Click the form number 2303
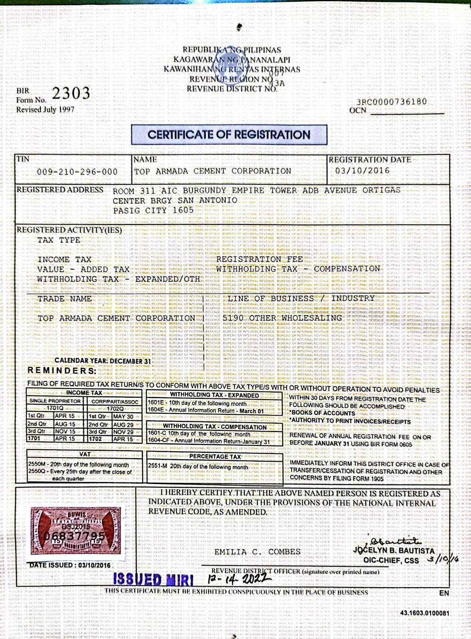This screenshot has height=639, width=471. coord(71,93)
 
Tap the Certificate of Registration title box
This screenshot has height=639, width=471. coord(229,135)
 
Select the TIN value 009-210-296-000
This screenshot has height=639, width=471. coord(77,172)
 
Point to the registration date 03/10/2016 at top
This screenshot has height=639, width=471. coord(362,171)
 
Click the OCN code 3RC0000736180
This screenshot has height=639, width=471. coord(392,102)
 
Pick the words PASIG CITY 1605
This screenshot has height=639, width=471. coord(153,210)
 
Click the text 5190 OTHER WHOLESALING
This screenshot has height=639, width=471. coord(282,318)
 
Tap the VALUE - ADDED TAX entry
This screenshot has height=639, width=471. coord(83,269)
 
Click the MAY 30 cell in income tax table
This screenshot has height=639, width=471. coord(123,416)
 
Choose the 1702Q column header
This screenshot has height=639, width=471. coord(115,409)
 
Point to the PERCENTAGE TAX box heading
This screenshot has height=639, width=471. coord(215,456)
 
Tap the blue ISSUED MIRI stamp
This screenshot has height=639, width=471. coord(153,579)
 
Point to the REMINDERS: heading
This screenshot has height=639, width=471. coord(62,371)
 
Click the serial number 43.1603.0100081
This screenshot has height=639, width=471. coord(424,613)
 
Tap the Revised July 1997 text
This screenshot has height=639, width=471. coord(45,109)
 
